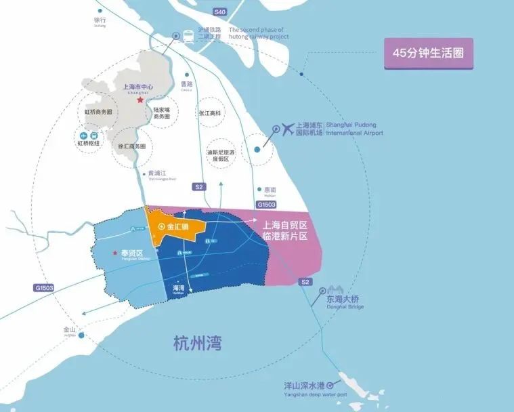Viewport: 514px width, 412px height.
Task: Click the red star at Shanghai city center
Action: pos(140,100)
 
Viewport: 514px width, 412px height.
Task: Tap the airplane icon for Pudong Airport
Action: pos(288,127)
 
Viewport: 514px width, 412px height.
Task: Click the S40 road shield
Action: pos(219,13)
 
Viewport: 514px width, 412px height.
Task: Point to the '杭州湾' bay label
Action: pos(198,342)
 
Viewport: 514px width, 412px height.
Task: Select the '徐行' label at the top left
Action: pos(101,20)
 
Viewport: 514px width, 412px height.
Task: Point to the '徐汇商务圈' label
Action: pos(132,146)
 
